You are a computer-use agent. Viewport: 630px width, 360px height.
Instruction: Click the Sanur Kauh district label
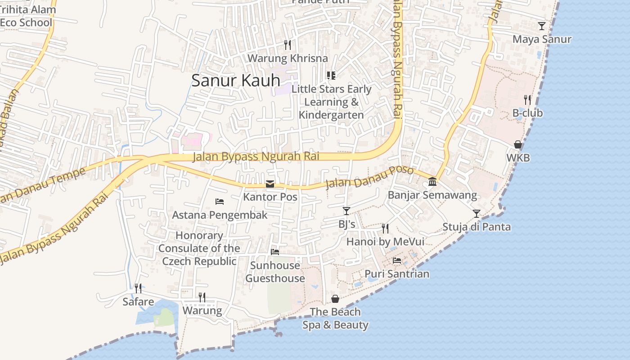(x=236, y=81)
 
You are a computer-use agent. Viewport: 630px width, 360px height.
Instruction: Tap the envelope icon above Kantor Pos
(x=270, y=184)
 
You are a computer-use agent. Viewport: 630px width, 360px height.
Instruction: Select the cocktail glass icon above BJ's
(x=346, y=211)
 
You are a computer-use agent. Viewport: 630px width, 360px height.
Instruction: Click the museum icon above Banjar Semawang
(x=432, y=181)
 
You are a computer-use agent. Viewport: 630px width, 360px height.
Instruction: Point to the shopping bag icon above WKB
(x=518, y=144)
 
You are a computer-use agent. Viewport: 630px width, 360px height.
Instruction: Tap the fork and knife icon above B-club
(x=527, y=99)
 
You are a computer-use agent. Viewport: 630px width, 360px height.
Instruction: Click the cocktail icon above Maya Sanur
(x=542, y=26)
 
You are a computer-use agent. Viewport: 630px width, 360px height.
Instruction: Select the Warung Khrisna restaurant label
(x=288, y=58)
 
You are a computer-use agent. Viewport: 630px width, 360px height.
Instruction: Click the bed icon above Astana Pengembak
(x=220, y=201)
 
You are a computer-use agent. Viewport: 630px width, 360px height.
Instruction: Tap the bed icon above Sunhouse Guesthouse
(x=275, y=252)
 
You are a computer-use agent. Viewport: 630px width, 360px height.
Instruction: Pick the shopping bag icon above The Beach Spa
(x=335, y=298)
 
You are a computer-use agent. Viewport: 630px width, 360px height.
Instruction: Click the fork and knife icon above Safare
(x=138, y=288)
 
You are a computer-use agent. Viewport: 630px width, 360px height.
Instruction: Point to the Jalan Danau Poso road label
(x=369, y=177)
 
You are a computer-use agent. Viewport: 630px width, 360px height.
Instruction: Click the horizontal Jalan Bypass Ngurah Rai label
(x=256, y=157)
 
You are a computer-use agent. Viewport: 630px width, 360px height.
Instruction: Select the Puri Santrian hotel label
(x=396, y=274)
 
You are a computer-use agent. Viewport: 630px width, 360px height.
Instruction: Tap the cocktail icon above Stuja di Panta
(x=477, y=213)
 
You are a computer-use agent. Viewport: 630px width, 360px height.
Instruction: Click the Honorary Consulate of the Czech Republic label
(x=199, y=248)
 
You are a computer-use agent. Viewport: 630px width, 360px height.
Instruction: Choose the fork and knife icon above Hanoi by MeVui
(x=385, y=228)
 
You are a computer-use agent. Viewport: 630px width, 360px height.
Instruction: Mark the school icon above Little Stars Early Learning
(x=331, y=75)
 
